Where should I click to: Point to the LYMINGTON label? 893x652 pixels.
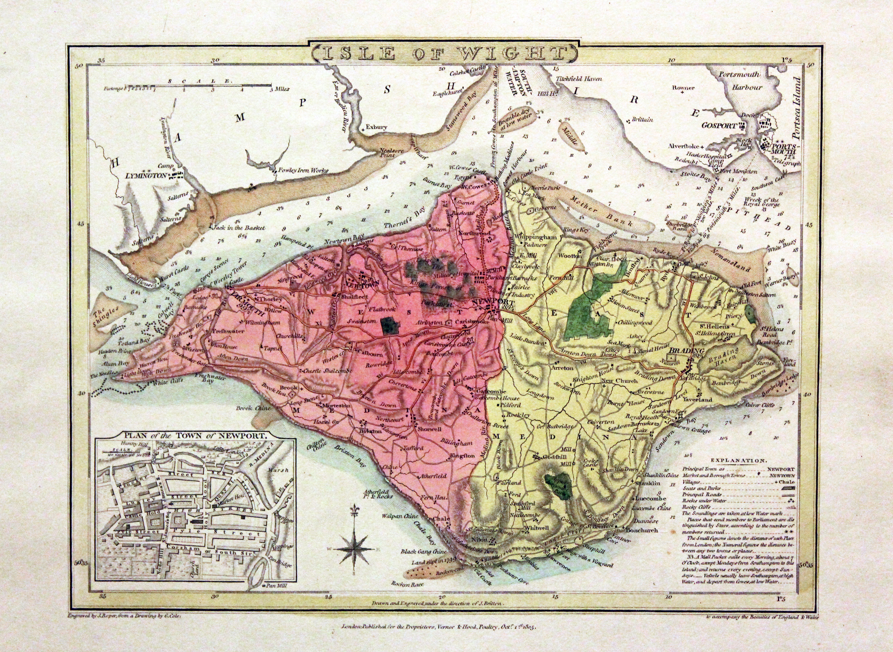(146, 175)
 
